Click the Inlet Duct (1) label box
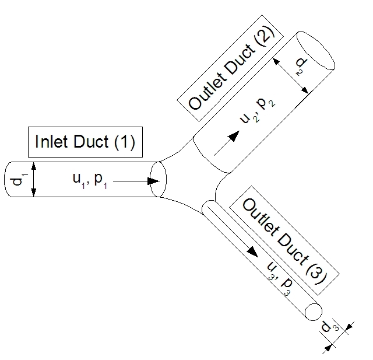pos(85,142)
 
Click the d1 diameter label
pos(19,180)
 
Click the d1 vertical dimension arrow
pos(34,180)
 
